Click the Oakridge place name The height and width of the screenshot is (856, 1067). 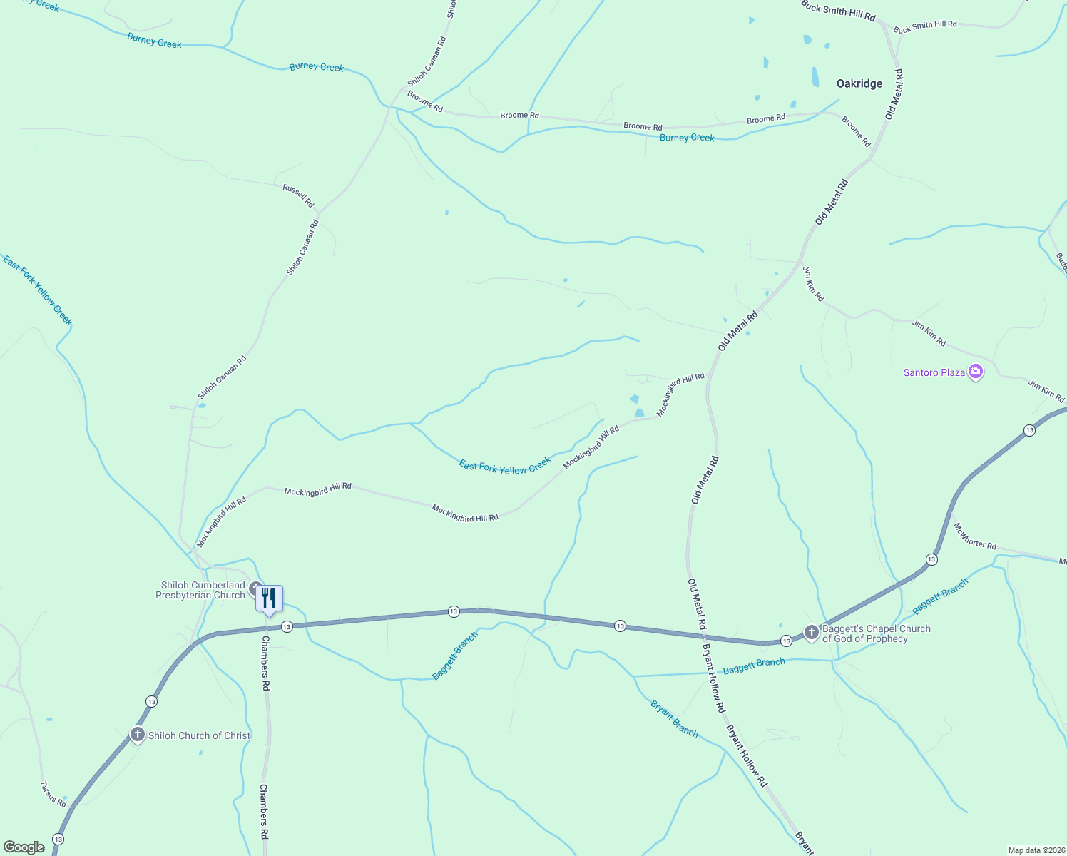[x=859, y=83]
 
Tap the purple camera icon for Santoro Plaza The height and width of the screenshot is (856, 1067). [x=976, y=372]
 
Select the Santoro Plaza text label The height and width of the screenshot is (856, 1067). [x=934, y=372]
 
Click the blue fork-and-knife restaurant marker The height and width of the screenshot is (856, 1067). [x=269, y=598]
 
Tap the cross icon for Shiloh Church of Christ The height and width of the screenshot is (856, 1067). [x=138, y=735]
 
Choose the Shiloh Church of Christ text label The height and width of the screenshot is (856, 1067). [x=199, y=735]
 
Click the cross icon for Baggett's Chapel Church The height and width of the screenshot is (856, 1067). [x=811, y=632]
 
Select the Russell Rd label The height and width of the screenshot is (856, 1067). [x=298, y=195]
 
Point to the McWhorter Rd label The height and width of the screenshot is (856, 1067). [x=974, y=536]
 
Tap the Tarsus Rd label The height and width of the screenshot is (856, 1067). [x=53, y=794]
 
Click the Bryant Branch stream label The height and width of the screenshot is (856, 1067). [x=674, y=718]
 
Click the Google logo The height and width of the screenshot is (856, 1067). [x=24, y=847]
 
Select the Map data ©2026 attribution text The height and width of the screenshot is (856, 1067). [x=1035, y=850]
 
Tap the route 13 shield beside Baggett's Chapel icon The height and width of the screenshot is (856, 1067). [x=785, y=641]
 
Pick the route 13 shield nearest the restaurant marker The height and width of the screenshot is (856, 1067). [x=287, y=626]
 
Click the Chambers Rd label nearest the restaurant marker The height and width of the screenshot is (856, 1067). [x=265, y=663]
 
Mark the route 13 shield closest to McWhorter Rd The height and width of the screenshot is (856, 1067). [x=931, y=559]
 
